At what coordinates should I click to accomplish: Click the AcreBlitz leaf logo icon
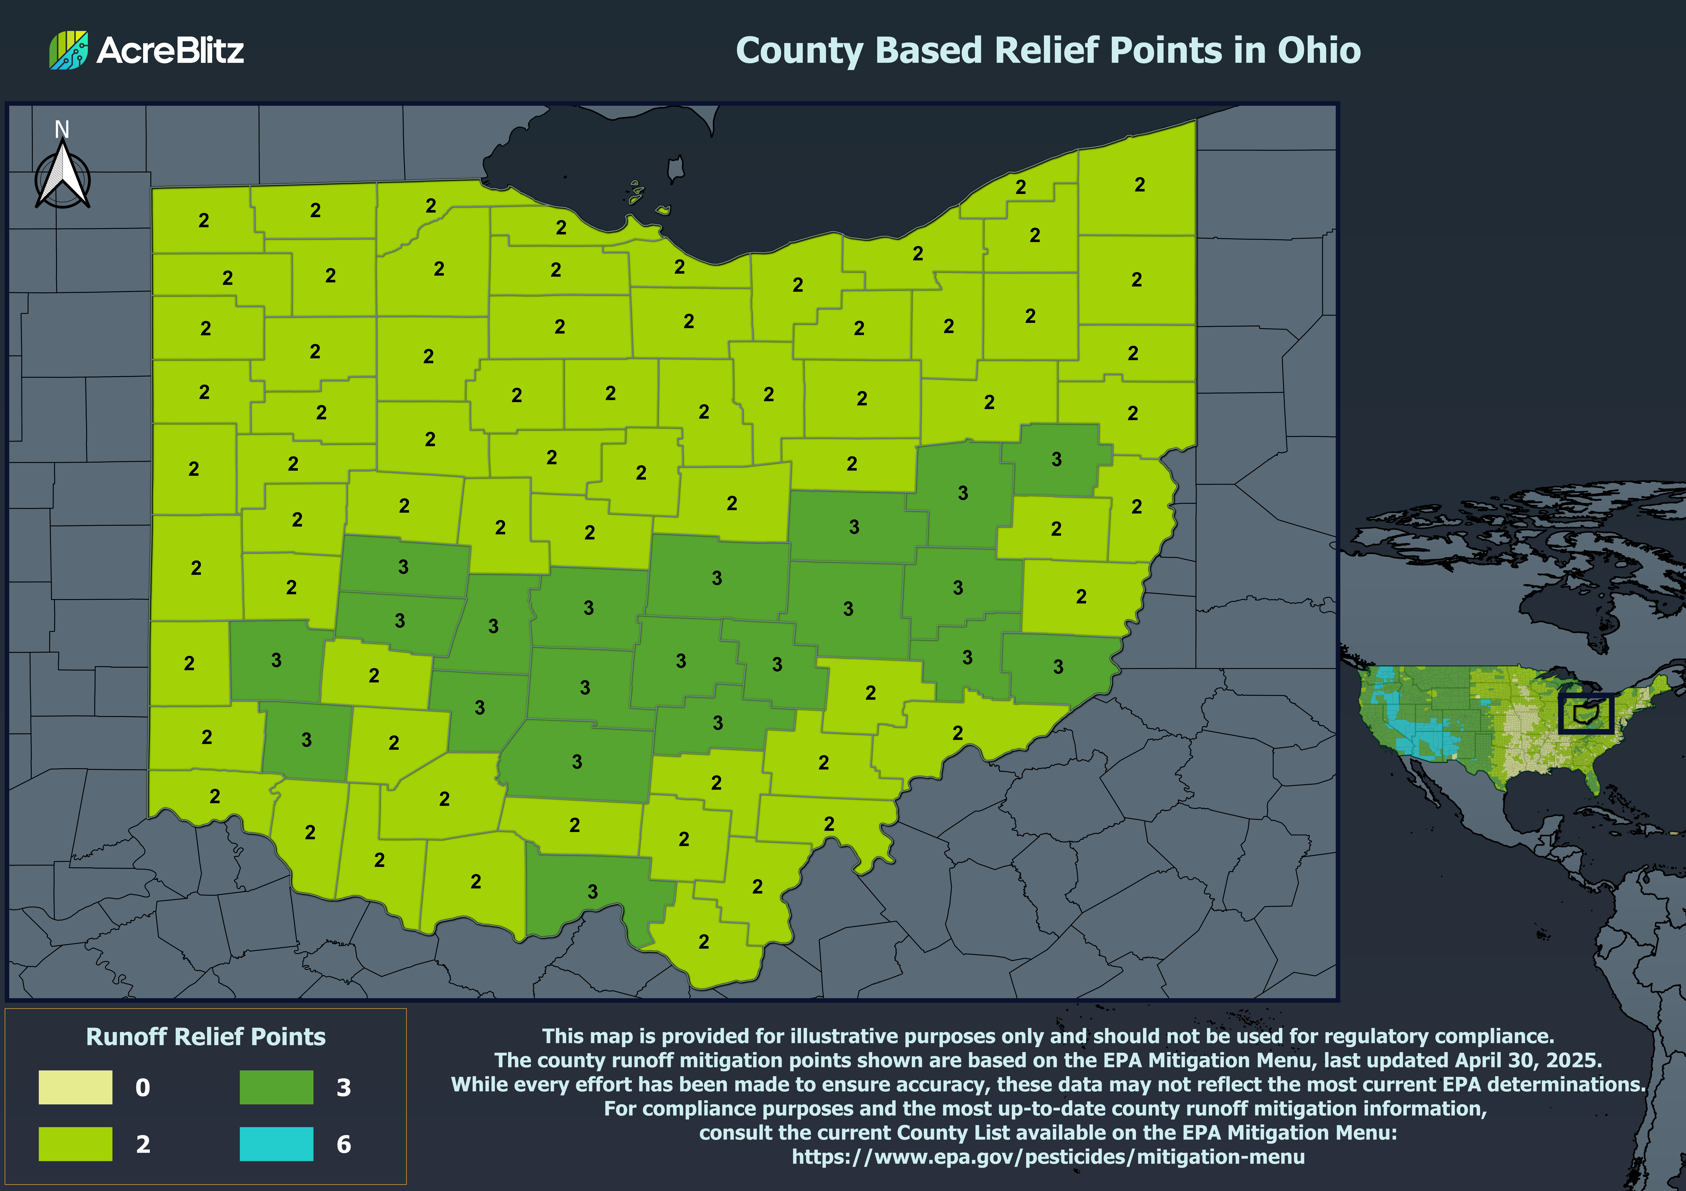coord(68,50)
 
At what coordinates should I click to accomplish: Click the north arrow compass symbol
coord(63,176)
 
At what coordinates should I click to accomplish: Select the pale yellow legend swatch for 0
coord(76,1087)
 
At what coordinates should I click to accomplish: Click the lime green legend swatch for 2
coord(76,1143)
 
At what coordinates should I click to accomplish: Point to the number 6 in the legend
coord(344,1144)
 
